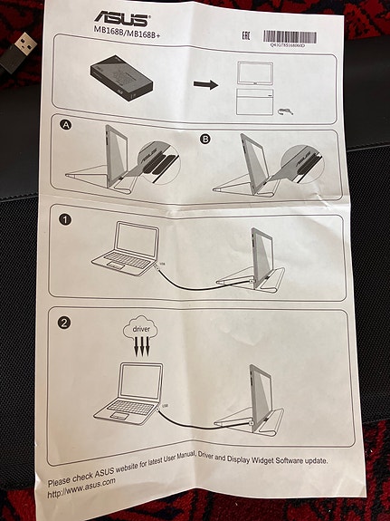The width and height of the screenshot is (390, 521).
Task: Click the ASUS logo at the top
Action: tap(123, 17)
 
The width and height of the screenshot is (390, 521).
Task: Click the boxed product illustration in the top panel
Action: tap(120, 82)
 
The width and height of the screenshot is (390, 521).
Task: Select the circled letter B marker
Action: tap(205, 138)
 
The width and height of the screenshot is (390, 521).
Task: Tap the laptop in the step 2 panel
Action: tap(128, 391)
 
